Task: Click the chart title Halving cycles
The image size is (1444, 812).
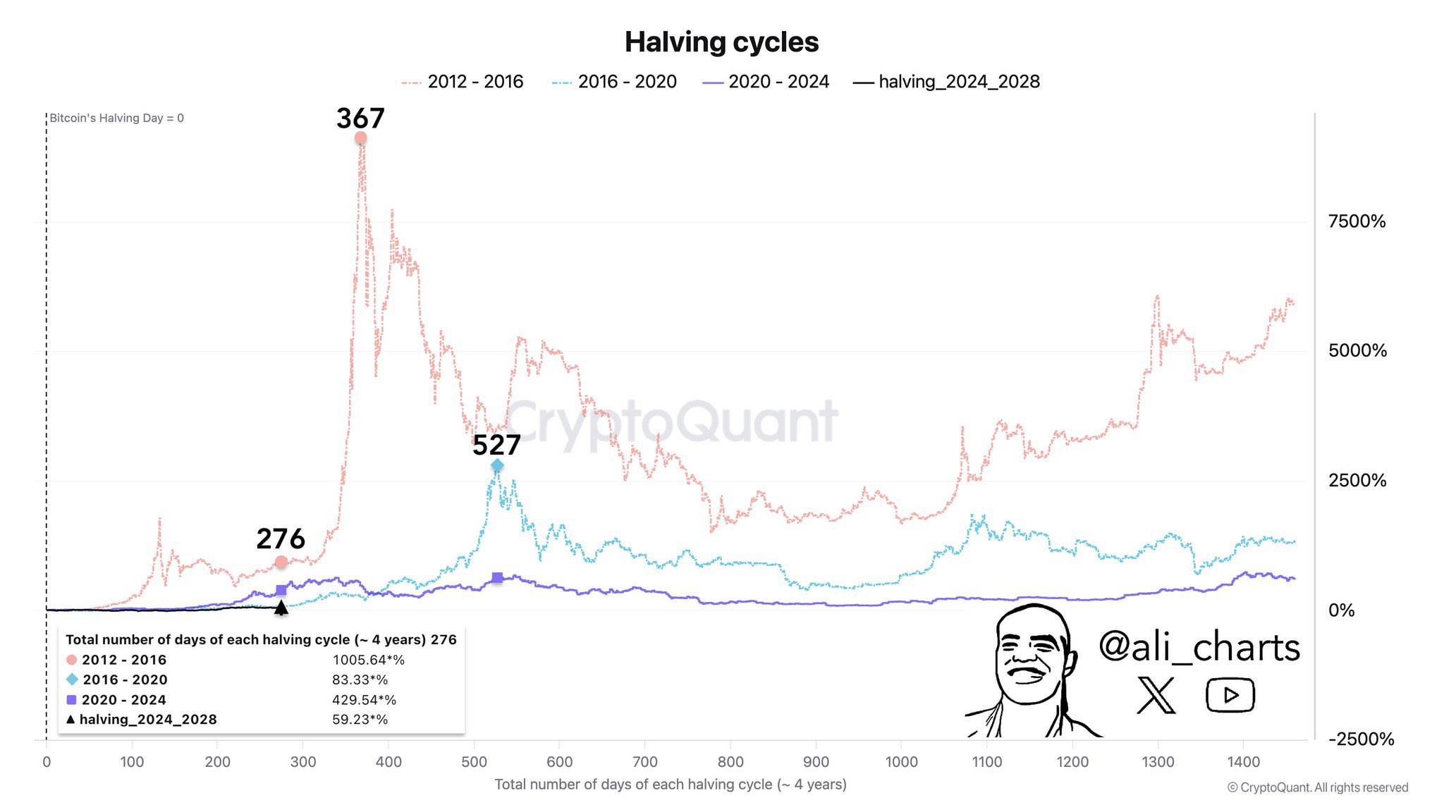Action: point(721,42)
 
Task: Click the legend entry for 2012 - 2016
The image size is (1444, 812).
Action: point(463,82)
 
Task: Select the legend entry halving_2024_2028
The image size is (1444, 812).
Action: point(946,82)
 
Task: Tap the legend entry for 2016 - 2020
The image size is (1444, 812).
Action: point(614,82)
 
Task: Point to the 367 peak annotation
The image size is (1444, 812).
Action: point(360,118)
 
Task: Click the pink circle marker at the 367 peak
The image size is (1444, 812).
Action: point(360,138)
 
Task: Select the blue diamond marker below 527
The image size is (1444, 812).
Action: point(497,465)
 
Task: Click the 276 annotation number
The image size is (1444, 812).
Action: point(281,539)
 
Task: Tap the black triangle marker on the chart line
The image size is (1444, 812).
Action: point(281,608)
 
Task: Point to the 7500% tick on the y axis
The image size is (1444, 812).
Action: point(1357,221)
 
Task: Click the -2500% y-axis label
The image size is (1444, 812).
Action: point(1361,739)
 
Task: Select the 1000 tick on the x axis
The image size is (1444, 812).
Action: point(901,762)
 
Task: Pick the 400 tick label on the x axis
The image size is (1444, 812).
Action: point(388,762)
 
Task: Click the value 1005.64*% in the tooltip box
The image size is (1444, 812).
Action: point(368,660)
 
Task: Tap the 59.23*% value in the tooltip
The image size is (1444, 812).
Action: point(360,720)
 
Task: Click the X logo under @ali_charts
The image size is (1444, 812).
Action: point(1156,695)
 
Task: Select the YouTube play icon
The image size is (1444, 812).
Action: point(1230,695)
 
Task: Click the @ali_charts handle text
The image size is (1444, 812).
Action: point(1199,647)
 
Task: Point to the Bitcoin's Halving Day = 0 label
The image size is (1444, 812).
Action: point(116,118)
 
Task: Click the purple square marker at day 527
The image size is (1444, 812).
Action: point(497,578)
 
